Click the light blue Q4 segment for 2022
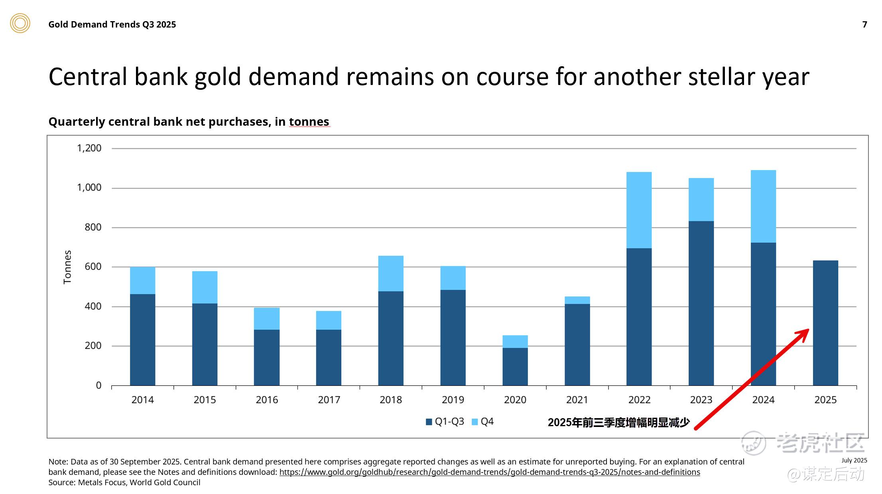pos(639,210)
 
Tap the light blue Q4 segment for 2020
pos(515,342)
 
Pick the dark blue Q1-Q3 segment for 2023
pos(701,303)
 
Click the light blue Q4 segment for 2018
pos(391,273)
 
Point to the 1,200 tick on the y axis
pos(89,148)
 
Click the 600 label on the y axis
pos(93,267)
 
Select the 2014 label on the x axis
pos(142,400)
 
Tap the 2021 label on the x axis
pos(577,400)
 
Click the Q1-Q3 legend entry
pos(445,422)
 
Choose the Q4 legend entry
pos(483,422)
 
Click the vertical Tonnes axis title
pos(67,267)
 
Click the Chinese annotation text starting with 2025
pos(618,423)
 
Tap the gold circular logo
pos(20,23)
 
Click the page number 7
pos(864,25)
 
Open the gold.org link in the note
pos(489,472)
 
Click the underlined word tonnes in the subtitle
pos(309,122)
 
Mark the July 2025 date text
pos(854,460)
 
